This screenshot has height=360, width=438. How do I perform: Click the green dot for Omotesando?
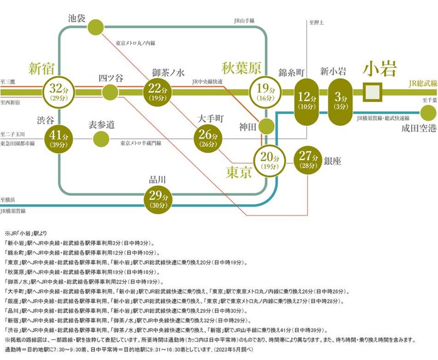[x=100, y=139]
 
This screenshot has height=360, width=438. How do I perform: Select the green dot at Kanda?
[x=266, y=126]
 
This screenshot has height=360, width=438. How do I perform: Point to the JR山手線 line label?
[x=244, y=21]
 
